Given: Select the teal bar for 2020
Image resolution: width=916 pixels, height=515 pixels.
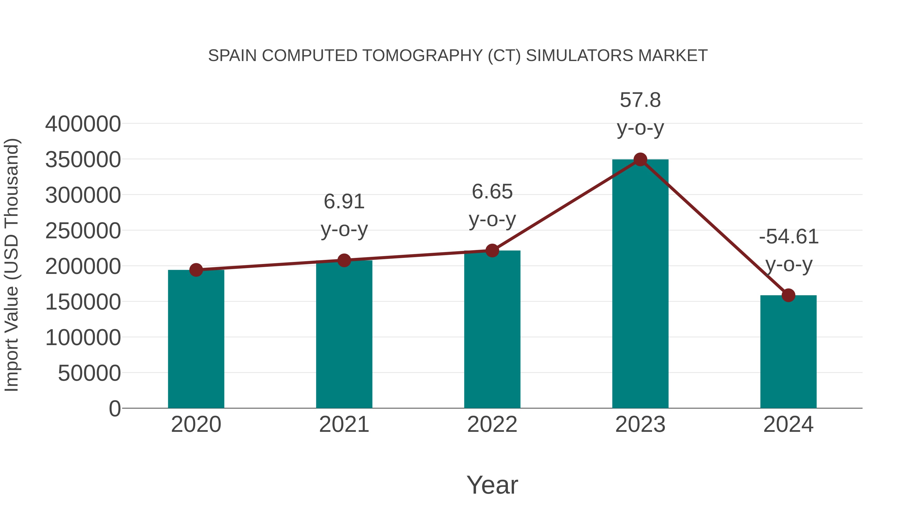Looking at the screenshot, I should tap(196, 340).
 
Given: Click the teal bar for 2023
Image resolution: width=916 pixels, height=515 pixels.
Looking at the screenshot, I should tap(640, 284).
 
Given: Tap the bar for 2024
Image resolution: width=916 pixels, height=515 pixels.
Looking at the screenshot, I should tap(788, 352).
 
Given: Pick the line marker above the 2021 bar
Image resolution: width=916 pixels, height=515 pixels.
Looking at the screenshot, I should tap(344, 260).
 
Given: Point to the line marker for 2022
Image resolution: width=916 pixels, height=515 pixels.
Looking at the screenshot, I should tap(492, 251).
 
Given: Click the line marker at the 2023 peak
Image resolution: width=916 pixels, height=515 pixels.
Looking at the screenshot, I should tap(640, 159).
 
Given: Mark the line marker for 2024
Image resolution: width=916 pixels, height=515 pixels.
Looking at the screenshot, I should tap(788, 295).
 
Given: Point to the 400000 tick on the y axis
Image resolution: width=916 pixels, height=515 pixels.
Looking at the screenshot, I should tap(83, 124).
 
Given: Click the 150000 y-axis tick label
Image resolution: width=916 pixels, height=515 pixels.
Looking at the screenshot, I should tap(83, 302).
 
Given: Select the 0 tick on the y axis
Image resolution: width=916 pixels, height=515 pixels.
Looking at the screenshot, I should tap(114, 408).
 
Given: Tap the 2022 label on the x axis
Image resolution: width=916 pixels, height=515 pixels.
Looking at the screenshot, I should tap(492, 424).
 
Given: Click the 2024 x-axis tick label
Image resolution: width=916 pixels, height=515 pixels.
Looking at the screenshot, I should tap(788, 424).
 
